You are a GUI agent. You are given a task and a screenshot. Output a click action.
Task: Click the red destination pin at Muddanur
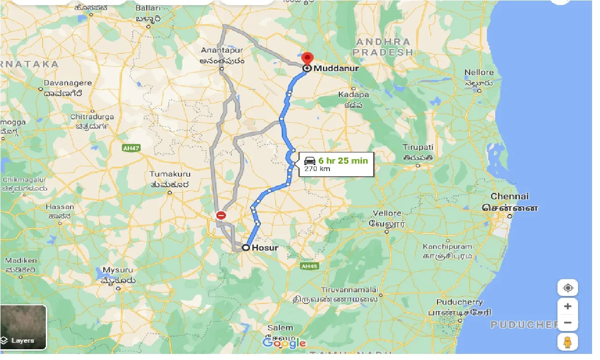(307, 60)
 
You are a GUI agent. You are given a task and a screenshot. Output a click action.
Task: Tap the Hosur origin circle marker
(245, 248)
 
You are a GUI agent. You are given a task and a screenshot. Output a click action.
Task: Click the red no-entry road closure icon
(221, 216)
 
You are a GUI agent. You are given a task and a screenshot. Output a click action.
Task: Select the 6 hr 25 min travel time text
(343, 161)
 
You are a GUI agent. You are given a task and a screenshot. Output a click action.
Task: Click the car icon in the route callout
(310, 161)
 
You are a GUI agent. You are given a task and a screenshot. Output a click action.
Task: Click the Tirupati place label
(418, 147)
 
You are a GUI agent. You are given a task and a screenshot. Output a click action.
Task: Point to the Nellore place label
(479, 72)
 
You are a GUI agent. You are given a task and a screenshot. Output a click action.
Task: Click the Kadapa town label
(353, 95)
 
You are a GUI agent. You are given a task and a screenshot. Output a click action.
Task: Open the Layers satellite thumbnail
(23, 327)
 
